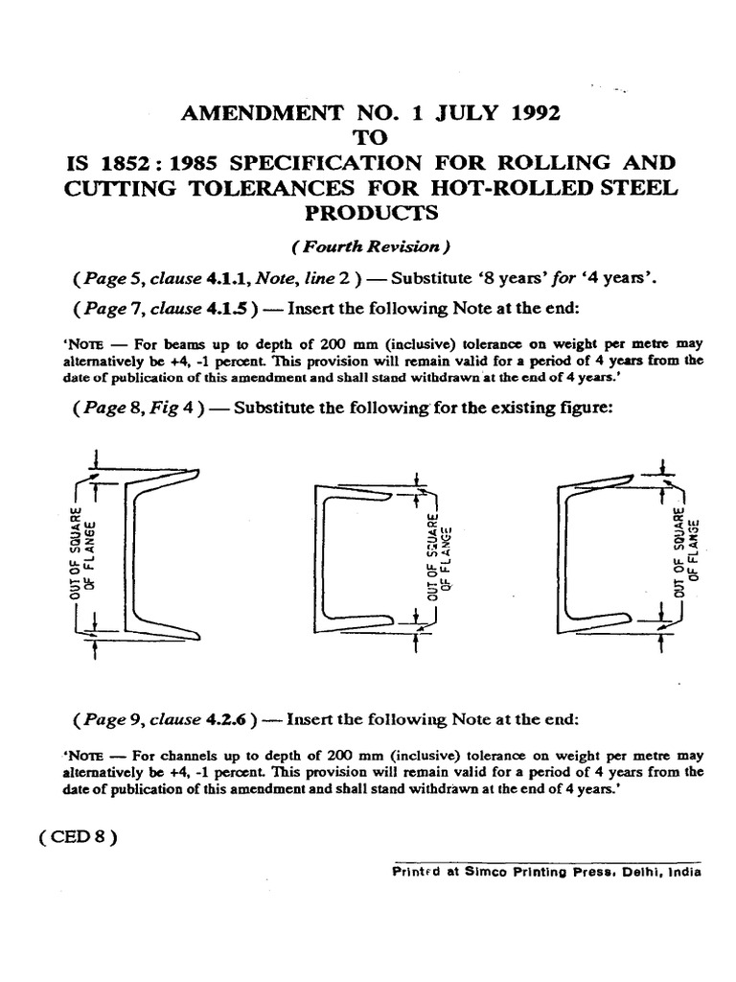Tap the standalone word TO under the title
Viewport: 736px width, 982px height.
[x=368, y=137]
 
